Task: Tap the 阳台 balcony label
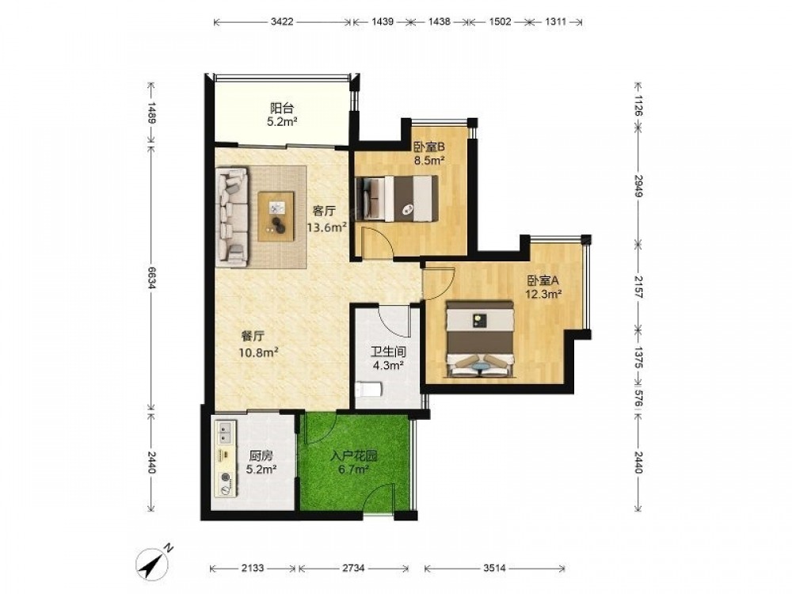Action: coord(282,108)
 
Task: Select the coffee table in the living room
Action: coord(276,215)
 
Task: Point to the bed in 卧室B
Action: coord(396,199)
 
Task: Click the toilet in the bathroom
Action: coord(369,390)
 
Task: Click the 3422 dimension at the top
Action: coord(282,21)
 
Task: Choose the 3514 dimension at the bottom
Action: coord(494,568)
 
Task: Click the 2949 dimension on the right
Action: coord(638,186)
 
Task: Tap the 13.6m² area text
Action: coord(327,227)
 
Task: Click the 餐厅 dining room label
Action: coord(253,337)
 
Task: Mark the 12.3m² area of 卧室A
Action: coord(543,294)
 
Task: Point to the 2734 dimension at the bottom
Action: coord(353,568)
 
